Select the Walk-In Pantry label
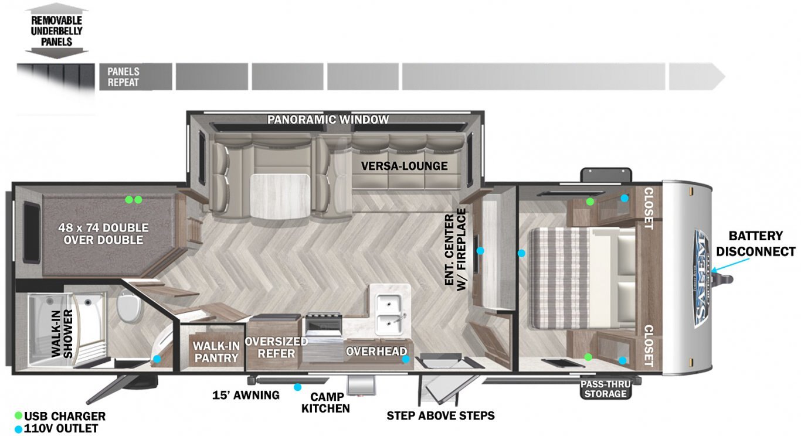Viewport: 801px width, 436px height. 216,352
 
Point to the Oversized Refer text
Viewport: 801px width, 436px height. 276,348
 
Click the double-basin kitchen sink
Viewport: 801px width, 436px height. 391,315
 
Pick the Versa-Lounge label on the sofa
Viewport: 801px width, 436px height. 404,166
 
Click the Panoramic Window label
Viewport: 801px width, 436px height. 328,120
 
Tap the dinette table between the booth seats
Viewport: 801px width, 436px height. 280,196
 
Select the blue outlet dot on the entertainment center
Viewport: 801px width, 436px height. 480,251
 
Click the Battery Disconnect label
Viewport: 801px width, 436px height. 756,243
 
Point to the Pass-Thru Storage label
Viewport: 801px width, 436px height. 605,389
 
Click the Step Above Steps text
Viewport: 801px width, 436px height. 440,415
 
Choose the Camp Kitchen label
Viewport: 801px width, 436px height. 325,403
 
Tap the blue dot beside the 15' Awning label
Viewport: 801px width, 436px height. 297,387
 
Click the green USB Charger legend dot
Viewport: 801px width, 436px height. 18,416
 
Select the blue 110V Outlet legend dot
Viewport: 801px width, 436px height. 18,429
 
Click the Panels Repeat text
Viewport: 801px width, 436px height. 123,77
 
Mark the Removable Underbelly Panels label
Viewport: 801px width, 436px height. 56,31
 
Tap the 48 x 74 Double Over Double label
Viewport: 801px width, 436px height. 103,234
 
